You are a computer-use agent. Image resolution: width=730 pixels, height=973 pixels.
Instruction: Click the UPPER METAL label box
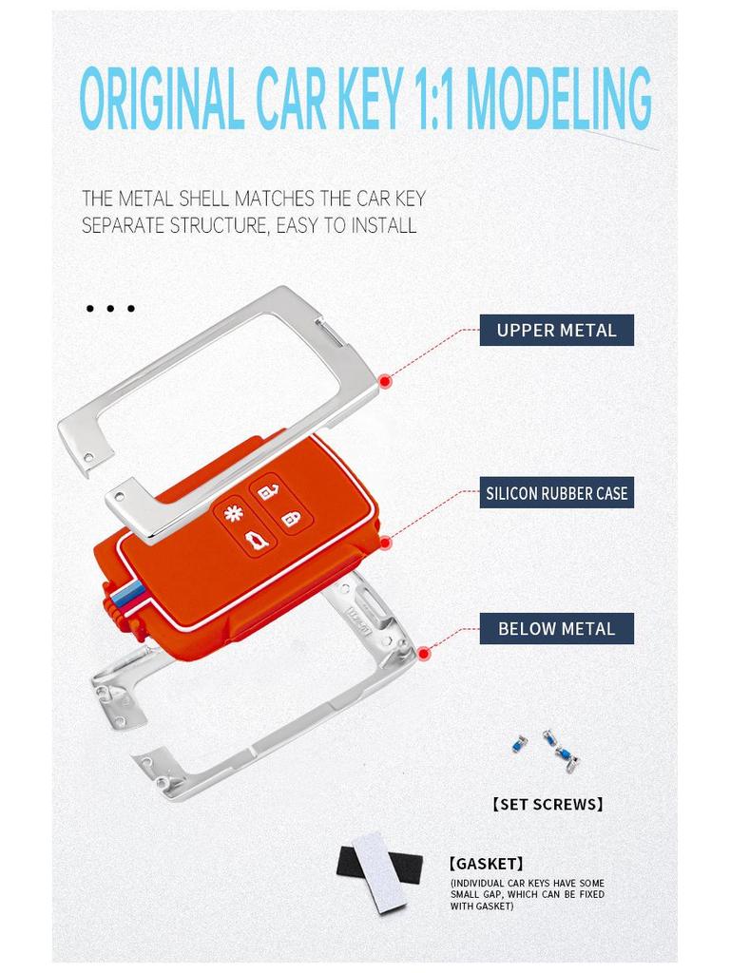pyautogui.click(x=556, y=330)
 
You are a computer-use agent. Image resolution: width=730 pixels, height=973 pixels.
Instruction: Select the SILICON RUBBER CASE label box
pyautogui.click(x=556, y=493)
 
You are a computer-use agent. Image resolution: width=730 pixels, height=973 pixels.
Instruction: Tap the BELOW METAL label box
pyautogui.click(x=556, y=628)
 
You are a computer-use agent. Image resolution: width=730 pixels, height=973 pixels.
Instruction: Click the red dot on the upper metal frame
pyautogui.click(x=385, y=381)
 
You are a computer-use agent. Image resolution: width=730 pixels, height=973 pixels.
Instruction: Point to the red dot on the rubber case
pyautogui.click(x=385, y=543)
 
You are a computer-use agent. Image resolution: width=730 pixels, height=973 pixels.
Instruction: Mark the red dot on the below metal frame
pyautogui.click(x=424, y=653)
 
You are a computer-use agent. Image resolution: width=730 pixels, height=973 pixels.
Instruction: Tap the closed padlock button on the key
pyautogui.click(x=294, y=518)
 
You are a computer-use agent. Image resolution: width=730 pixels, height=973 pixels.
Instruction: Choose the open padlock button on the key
pyautogui.click(x=267, y=491)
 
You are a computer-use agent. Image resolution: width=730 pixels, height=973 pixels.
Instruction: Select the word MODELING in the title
pyautogui.click(x=559, y=99)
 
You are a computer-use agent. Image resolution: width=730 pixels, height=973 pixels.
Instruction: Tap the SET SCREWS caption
pyautogui.click(x=548, y=804)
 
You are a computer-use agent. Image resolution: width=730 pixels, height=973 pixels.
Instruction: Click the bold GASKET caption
pyautogui.click(x=486, y=864)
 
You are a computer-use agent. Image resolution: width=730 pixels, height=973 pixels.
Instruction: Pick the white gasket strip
pyautogui.click(x=379, y=872)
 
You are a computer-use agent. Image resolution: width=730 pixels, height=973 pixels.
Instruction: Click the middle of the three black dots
pyautogui.click(x=110, y=309)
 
